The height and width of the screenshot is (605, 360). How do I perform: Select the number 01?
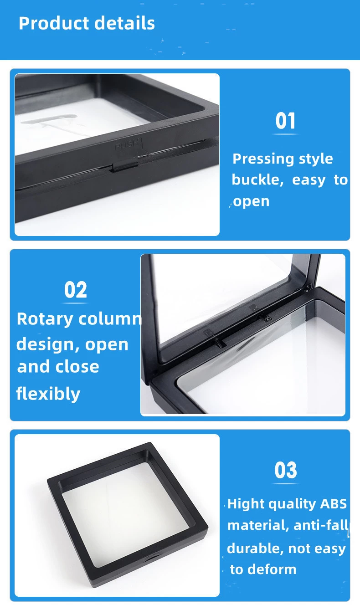[285, 121]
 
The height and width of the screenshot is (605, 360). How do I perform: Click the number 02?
[76, 290]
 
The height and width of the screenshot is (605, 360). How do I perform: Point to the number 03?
[286, 470]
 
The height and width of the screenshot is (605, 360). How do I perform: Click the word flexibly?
[48, 394]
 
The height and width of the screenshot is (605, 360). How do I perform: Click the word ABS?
[333, 504]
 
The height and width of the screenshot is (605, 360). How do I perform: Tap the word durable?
[256, 549]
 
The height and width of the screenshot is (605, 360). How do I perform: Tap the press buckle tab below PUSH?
[125, 166]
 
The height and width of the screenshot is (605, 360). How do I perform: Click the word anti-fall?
[321, 526]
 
